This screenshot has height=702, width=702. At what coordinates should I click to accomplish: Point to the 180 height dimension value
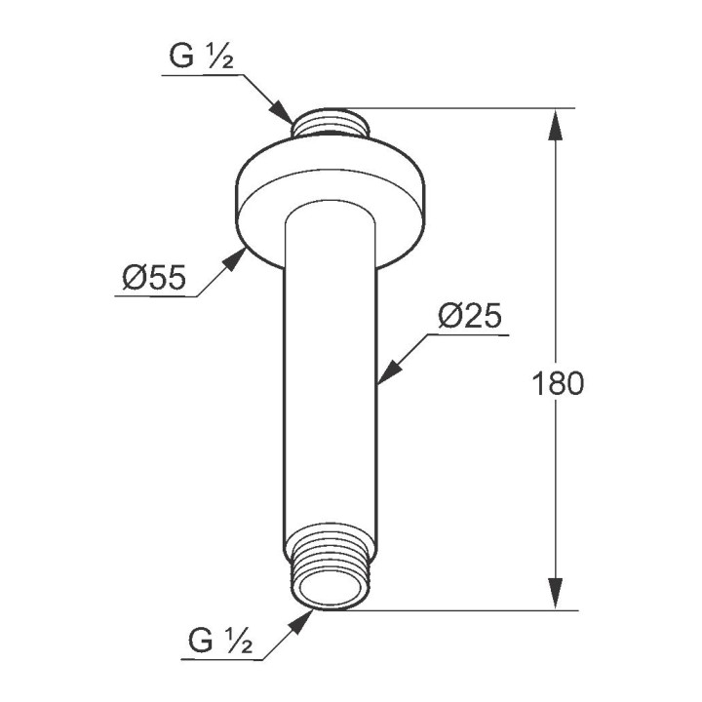[559, 383]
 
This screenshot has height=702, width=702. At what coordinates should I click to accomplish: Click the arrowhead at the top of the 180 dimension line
[555, 124]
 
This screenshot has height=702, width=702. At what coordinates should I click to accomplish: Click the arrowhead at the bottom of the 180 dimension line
[555, 595]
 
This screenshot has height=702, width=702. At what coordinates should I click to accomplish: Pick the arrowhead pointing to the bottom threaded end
[302, 621]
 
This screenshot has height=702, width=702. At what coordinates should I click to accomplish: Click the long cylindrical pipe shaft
[331, 390]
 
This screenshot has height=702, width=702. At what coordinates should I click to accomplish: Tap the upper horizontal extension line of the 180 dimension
[468, 108]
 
